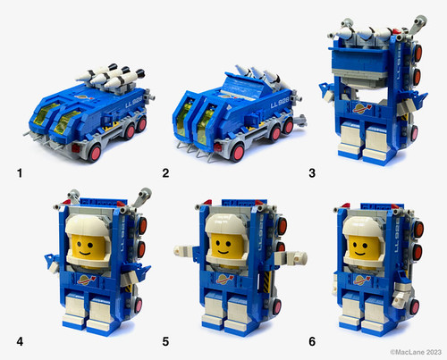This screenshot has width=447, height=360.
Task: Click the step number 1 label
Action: tap(20, 173)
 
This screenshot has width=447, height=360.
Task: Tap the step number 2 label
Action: tap(165, 173)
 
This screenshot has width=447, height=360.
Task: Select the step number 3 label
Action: tap(312, 173)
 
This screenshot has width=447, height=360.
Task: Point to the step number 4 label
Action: tap(20, 341)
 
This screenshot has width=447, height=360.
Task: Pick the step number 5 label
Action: tap(165, 341)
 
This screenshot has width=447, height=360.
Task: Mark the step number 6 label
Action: tap(312, 341)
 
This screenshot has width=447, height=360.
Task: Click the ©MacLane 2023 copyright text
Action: tap(416, 352)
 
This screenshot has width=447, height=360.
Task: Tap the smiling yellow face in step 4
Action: tap(87, 247)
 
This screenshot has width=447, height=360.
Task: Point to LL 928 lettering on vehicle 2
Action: tap(280, 104)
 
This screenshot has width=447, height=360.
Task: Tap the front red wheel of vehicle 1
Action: tap(96, 153)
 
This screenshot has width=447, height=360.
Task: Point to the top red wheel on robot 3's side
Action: tap(417, 53)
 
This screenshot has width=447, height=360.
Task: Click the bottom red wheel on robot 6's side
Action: tap(415, 307)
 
